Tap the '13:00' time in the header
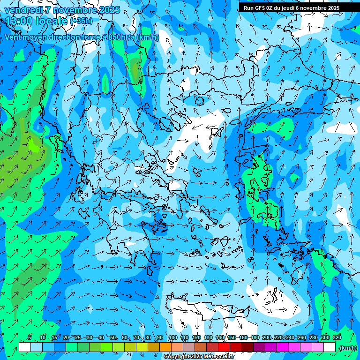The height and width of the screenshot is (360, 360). click(18, 21)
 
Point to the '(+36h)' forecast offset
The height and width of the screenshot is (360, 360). click(81, 21)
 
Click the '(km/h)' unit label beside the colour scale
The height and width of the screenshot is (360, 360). click(347, 347)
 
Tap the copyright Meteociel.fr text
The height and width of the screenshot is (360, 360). click(199, 357)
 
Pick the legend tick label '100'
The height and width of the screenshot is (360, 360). click(172, 337)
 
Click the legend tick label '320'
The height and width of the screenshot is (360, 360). click(337, 337)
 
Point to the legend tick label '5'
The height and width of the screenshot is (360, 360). click(30, 337)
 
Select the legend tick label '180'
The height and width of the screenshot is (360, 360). click(255, 337)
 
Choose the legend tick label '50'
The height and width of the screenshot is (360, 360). click(113, 337)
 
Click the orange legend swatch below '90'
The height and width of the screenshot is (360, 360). click(165, 347)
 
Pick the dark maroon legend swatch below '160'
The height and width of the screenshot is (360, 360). click(247, 347)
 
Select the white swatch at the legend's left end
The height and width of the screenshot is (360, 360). click(25, 347)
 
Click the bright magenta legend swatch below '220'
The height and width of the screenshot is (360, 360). click(283, 347)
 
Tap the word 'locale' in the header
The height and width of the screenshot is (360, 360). click(52, 21)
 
